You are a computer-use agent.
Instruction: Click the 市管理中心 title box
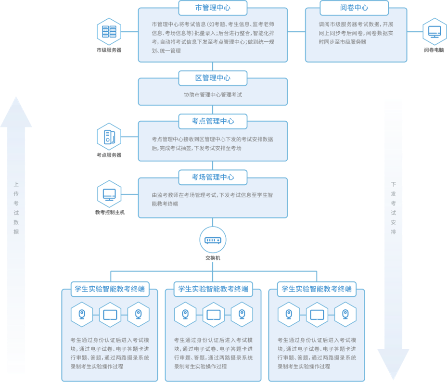(x=213, y=8)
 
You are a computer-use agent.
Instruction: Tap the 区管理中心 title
(x=213, y=78)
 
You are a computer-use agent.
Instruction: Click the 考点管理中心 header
(x=213, y=121)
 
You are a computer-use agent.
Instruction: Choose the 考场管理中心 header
(x=213, y=177)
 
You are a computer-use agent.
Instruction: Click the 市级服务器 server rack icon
(x=109, y=32)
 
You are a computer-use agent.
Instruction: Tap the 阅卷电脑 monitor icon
(x=434, y=32)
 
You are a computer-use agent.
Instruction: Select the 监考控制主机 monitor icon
(x=109, y=194)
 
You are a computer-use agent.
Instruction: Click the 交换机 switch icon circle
(x=213, y=240)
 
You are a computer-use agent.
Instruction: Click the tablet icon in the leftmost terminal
(x=110, y=315)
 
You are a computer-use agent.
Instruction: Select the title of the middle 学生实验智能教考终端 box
(x=213, y=289)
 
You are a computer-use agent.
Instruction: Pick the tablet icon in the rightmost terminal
(x=317, y=315)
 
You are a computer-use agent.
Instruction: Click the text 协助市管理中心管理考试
(x=213, y=95)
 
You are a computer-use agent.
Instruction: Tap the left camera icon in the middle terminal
(x=185, y=315)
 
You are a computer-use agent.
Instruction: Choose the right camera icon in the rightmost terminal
(x=345, y=315)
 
